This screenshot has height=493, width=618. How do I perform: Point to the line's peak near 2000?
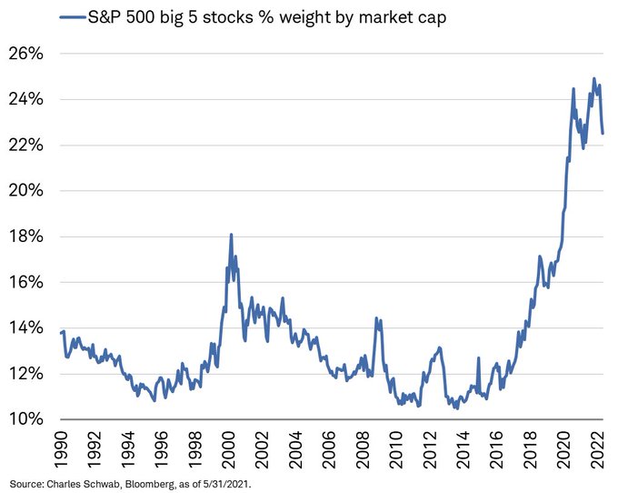pyautogui.click(x=231, y=235)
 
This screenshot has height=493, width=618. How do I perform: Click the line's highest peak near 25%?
pyautogui.click(x=593, y=78)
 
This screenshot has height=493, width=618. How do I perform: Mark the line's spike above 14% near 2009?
pyautogui.click(x=376, y=317)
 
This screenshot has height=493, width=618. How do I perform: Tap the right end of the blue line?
pyautogui.click(x=603, y=134)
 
